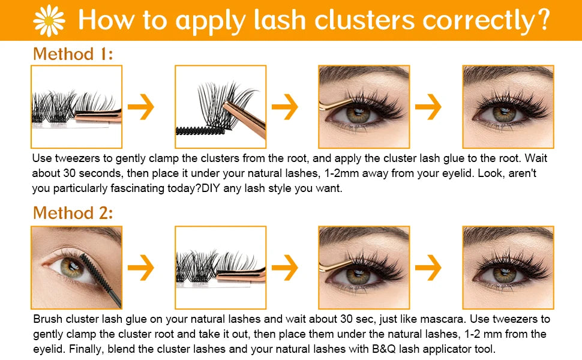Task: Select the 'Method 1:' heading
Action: (x=73, y=54)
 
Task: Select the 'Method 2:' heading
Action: (x=73, y=213)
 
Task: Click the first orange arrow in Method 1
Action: (x=142, y=107)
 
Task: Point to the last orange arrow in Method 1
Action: (x=428, y=107)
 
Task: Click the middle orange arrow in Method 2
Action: (x=285, y=268)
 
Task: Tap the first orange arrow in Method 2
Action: (x=142, y=268)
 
